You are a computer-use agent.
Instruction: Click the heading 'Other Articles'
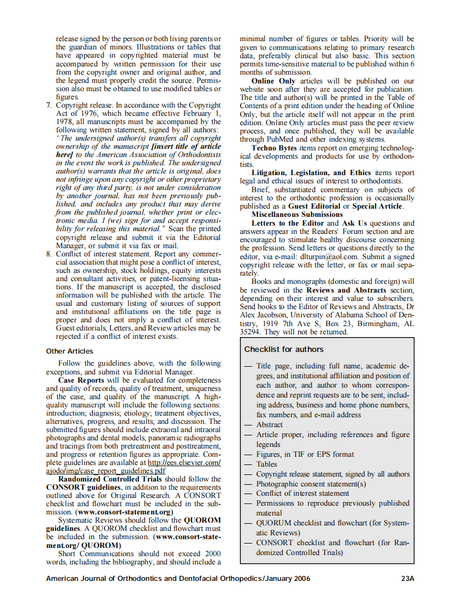(x=70, y=351)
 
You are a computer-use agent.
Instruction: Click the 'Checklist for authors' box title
(x=284, y=349)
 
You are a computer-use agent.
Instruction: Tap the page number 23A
(x=407, y=578)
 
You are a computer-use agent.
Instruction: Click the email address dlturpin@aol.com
(x=328, y=256)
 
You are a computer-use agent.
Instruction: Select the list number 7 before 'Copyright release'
(x=49, y=105)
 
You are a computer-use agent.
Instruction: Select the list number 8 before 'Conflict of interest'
(x=49, y=255)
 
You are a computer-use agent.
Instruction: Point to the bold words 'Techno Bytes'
(x=274, y=148)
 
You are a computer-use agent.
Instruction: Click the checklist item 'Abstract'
(x=270, y=424)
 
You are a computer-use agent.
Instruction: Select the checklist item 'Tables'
(x=267, y=464)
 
